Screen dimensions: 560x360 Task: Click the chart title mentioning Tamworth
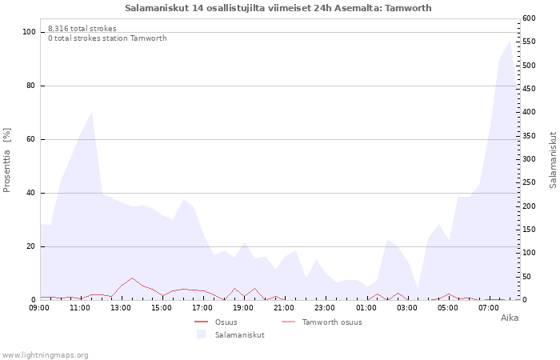278,8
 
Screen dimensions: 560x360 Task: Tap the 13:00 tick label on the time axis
121,308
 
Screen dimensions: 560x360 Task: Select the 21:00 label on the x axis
284,308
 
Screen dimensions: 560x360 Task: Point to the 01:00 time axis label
366,308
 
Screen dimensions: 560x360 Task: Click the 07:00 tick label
489,308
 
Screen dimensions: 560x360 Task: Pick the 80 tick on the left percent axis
30,86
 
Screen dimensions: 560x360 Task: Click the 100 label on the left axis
29,32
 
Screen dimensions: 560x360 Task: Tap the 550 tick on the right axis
530,42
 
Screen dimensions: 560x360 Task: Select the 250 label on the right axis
530,182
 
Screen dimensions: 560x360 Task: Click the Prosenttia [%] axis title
6,160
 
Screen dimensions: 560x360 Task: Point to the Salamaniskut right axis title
553,160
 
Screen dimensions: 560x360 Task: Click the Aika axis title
510,318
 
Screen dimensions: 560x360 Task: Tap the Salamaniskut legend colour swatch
201,334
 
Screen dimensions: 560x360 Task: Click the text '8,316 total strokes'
82,29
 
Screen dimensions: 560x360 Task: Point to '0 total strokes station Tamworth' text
107,38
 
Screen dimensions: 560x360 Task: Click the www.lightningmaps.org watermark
45,355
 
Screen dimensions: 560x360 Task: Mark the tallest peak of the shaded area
510,41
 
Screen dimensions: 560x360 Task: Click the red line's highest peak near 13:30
132,278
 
